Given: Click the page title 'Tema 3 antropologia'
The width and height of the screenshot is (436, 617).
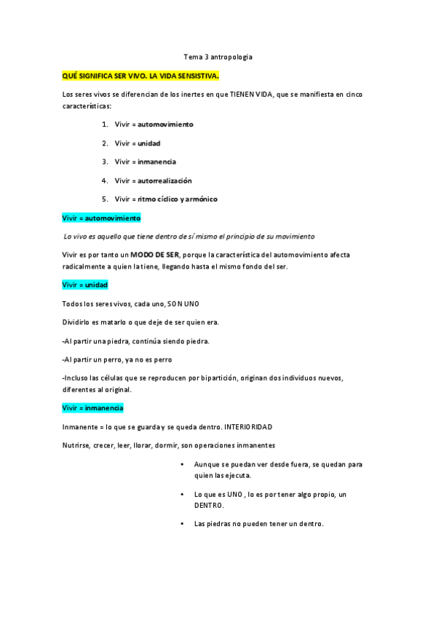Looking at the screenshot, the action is click(218, 56).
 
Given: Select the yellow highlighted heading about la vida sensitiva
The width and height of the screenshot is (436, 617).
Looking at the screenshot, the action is click(140, 75).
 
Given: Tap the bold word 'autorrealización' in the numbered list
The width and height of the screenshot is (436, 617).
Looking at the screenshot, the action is click(165, 180).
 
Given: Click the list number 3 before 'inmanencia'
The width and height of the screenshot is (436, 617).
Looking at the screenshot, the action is click(105, 162).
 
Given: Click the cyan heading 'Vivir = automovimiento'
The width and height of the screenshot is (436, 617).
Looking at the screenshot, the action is click(102, 218).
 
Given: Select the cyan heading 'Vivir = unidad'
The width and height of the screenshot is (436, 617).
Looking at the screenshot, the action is click(85, 285).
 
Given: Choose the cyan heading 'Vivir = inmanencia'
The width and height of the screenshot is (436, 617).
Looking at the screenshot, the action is click(93, 407).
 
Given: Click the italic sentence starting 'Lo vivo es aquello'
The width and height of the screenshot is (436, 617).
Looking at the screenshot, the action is click(189, 236).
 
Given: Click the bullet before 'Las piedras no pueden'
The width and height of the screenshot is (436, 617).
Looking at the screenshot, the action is click(181, 524).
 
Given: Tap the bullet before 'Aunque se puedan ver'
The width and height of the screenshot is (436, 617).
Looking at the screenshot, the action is click(181, 464).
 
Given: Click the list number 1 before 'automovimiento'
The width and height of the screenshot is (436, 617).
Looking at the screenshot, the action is click(105, 124).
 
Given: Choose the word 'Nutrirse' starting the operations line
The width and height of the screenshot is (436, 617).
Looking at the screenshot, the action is click(76, 445).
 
